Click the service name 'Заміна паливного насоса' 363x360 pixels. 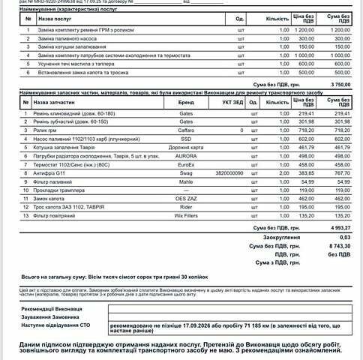click(x=68, y=37)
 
